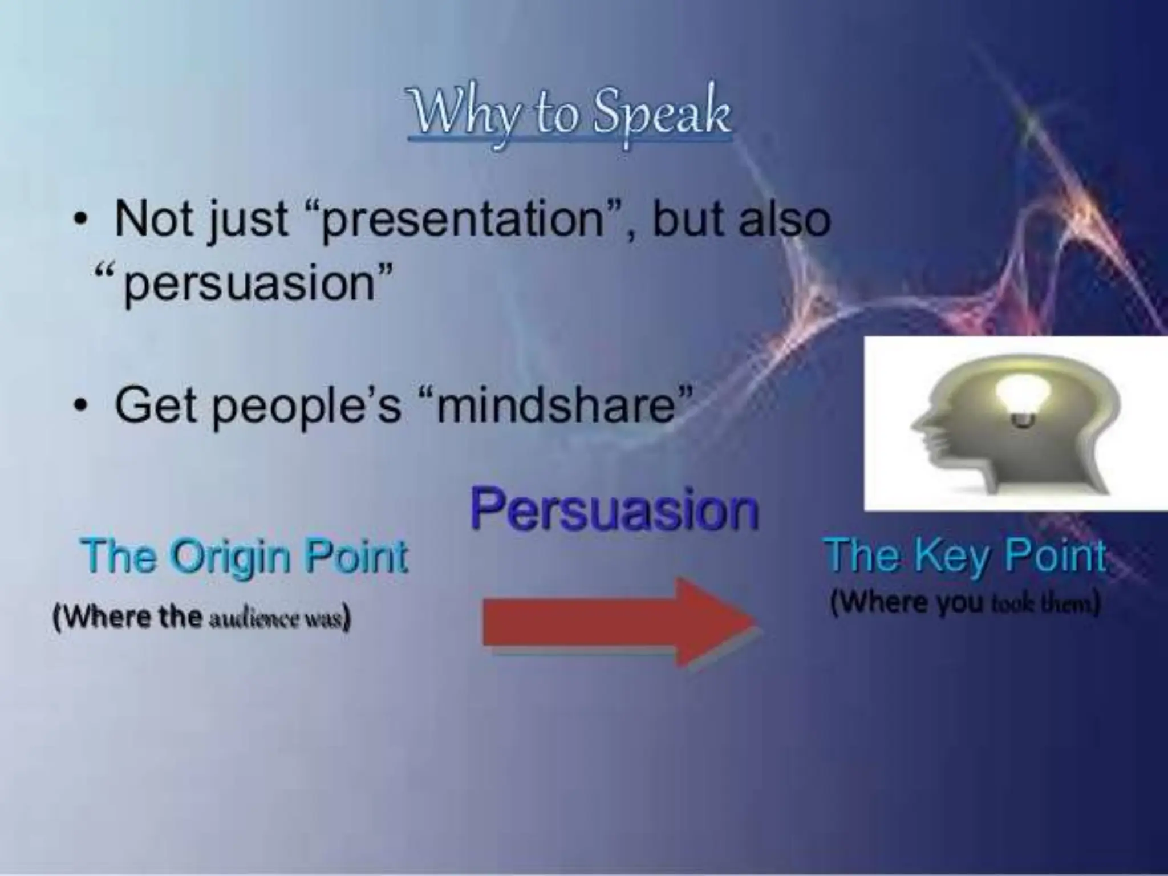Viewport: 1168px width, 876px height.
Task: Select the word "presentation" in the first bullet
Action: tap(463, 220)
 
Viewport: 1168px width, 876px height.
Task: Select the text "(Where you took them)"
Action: tap(964, 602)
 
